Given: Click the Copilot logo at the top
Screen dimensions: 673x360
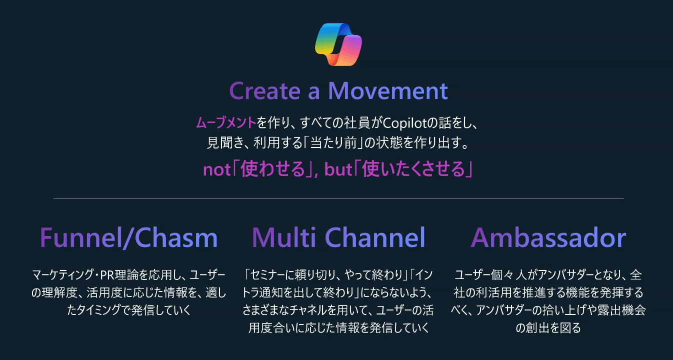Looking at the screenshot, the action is click(338, 44).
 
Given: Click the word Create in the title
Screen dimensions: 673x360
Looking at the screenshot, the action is click(264, 91).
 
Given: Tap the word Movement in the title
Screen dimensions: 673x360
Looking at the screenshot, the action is click(388, 91).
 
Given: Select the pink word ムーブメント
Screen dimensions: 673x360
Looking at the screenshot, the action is click(226, 123).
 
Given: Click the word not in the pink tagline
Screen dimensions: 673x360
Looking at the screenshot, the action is click(216, 170).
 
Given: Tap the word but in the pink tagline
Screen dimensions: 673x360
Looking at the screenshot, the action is click(338, 170).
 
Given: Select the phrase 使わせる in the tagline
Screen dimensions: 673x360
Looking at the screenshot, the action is click(273, 169).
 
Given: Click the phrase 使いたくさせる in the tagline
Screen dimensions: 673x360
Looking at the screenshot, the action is click(413, 169).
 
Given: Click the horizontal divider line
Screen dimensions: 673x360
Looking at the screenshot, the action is click(338, 198).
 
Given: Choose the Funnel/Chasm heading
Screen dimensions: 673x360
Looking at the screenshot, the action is click(129, 237).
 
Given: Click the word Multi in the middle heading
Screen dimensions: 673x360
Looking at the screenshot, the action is click(283, 237).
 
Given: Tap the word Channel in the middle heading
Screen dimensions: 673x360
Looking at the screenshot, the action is click(375, 237).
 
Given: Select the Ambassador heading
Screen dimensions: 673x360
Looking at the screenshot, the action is click(548, 237).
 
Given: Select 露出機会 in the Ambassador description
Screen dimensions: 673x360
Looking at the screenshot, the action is click(622, 310).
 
